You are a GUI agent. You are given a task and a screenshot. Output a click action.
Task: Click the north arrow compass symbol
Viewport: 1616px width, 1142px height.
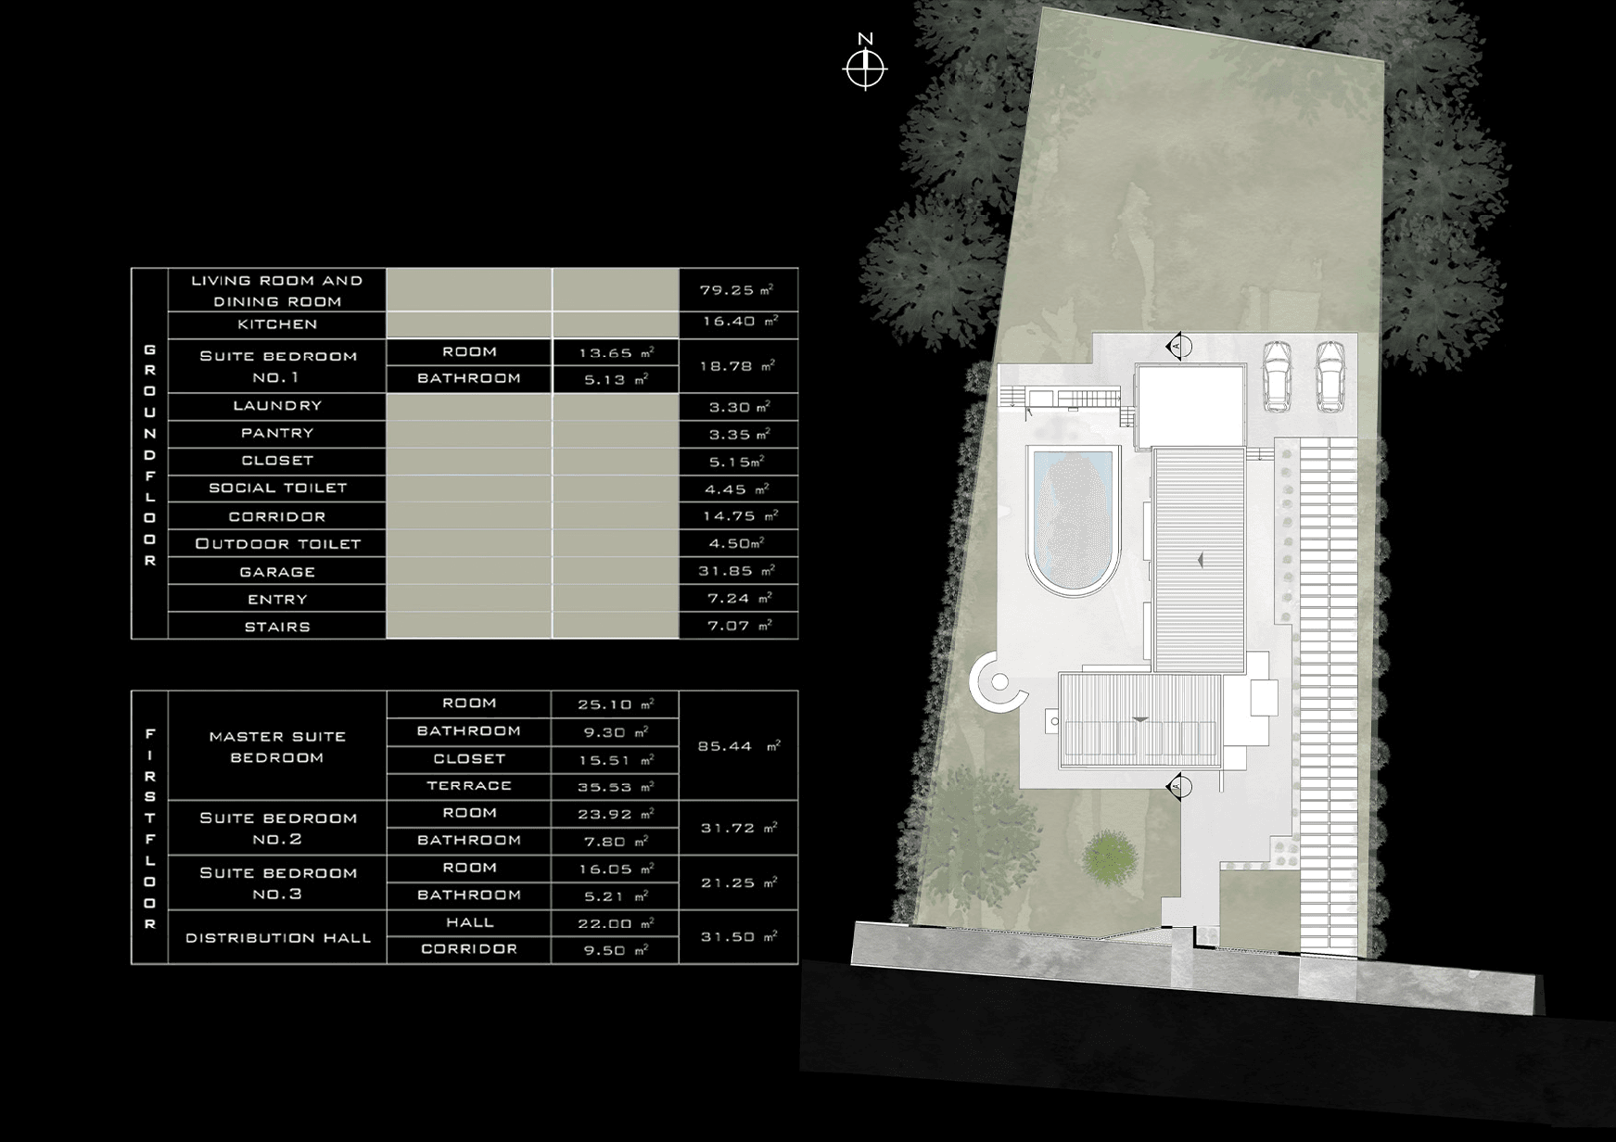tap(866, 68)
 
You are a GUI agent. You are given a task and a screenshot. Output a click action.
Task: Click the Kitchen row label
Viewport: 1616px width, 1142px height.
tap(277, 324)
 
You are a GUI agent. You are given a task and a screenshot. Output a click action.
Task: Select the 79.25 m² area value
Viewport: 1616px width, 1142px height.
tap(737, 290)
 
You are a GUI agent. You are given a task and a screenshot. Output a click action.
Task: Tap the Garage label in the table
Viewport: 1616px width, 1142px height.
tap(277, 572)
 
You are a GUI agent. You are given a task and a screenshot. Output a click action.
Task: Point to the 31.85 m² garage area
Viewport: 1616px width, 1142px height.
tap(738, 571)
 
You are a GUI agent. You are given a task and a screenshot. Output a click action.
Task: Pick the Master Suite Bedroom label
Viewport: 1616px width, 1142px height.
tap(277, 746)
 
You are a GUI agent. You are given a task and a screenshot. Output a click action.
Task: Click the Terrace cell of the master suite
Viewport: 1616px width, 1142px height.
tap(469, 786)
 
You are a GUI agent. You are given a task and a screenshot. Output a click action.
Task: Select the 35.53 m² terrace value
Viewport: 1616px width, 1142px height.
tap(616, 787)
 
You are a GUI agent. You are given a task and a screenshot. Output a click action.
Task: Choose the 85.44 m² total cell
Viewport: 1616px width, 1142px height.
tap(738, 745)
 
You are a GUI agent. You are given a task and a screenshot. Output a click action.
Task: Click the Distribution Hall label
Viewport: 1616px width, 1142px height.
tap(277, 937)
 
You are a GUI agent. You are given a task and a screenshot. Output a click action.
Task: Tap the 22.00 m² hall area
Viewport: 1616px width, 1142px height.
tap(616, 923)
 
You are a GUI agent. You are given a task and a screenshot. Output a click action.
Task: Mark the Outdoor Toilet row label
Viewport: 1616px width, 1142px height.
tap(277, 544)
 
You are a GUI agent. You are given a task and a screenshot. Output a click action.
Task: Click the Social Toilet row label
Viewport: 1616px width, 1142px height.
tap(277, 489)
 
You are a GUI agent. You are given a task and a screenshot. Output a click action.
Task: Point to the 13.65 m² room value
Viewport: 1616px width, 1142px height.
tap(616, 353)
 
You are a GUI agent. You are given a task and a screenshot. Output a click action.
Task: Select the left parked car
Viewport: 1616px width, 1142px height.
tap(1278, 376)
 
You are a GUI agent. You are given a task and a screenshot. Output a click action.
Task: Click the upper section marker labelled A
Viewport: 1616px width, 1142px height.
tap(1177, 346)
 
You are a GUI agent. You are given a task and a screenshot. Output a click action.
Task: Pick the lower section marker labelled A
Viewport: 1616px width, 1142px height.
tap(1177, 786)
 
